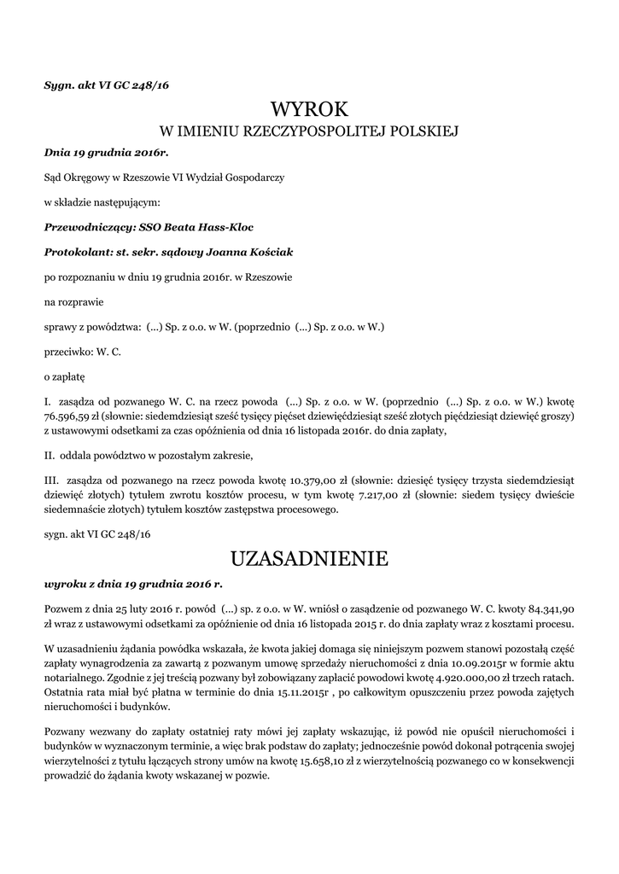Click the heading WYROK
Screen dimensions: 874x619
(x=309, y=109)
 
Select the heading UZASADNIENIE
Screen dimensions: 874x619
(x=309, y=559)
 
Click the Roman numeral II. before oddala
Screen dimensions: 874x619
(x=50, y=454)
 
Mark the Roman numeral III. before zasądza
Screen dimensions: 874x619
(x=51, y=481)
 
